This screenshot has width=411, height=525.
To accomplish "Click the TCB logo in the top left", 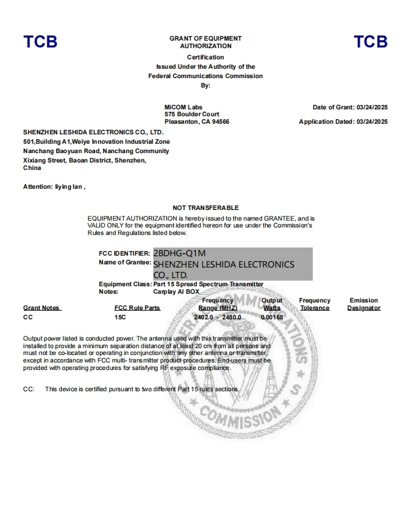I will point(40,42).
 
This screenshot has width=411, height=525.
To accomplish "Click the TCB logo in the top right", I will point(370,42).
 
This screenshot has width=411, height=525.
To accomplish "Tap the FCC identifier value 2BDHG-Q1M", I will point(179,253).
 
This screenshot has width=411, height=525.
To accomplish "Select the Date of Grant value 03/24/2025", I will point(372,107).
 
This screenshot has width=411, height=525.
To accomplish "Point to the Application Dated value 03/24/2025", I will point(372,122).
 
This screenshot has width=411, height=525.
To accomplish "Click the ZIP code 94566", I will point(220,122).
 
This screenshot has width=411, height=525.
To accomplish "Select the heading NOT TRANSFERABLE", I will point(205,207).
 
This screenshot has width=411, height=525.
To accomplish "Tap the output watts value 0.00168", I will point(272,317).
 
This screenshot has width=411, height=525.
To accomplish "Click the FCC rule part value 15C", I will point(120,317).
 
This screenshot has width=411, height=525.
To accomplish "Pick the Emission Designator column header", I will point(363,304).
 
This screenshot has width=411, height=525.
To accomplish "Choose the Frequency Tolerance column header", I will point(314,304).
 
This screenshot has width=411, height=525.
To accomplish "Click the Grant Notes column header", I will point(41,308).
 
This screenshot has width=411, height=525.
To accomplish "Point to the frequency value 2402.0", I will point(203,317).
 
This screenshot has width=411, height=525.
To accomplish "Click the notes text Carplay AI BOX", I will point(176,291).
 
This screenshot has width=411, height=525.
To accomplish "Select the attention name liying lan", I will point(69,187).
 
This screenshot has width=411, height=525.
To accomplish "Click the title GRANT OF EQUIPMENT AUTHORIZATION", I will point(205,42).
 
